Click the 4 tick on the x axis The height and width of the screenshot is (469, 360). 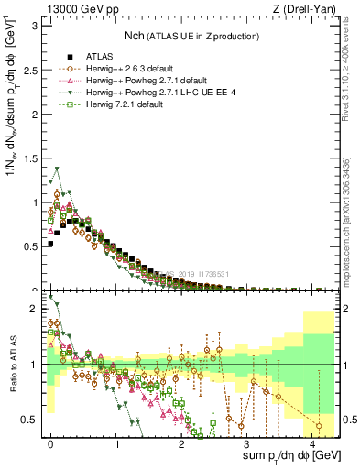point(313,442)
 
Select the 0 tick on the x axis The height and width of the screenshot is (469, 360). point(51,442)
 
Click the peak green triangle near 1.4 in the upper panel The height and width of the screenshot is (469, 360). point(57,169)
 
